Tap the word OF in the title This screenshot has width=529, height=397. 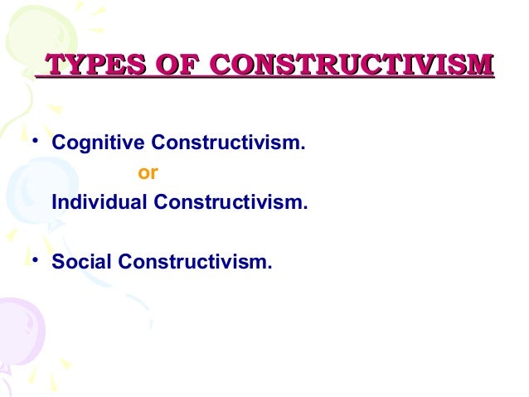(180, 65)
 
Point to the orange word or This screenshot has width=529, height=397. (147, 173)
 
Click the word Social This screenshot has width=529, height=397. (81, 262)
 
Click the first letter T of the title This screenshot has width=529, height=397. (51, 65)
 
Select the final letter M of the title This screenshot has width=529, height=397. (483, 65)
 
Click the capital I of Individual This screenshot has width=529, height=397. (54, 201)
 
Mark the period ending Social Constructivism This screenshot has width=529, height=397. (269, 267)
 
